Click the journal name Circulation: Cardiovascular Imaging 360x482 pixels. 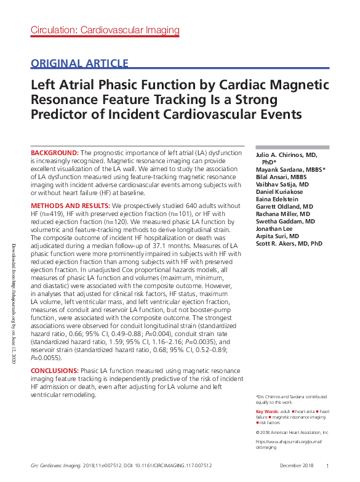tap(105, 30)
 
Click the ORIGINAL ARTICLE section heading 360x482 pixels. tap(79, 63)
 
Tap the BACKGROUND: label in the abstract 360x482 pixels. tap(55, 153)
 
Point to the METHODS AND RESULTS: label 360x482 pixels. tap(70, 205)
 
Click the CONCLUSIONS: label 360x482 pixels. tap(55, 371)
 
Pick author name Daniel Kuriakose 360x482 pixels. tap(279, 191)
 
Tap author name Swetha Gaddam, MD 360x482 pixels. tap(285, 221)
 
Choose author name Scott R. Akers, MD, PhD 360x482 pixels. tap(289, 244)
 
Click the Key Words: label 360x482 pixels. tap(266, 411)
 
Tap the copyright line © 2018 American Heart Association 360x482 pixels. tap(292, 433)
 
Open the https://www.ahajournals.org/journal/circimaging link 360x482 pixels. tap(288, 445)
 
